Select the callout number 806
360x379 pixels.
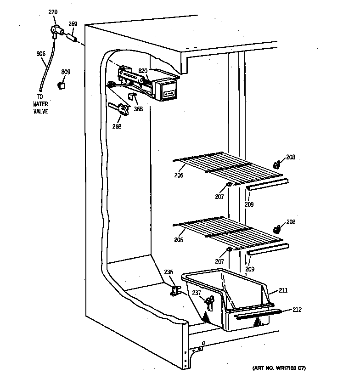(41, 54)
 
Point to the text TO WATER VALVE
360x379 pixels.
(40, 105)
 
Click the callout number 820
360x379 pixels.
(143, 71)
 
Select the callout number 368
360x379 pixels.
(138, 109)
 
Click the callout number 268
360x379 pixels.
(117, 126)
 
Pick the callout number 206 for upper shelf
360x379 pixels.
(179, 175)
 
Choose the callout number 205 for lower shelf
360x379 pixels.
(179, 239)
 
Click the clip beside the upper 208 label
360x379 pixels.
(276, 164)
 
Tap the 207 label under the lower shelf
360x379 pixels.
(219, 261)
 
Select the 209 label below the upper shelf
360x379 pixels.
(249, 204)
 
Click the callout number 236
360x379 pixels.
(169, 272)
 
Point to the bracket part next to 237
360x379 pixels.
(210, 303)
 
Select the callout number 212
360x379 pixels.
(297, 310)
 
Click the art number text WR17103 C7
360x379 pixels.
(279, 368)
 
